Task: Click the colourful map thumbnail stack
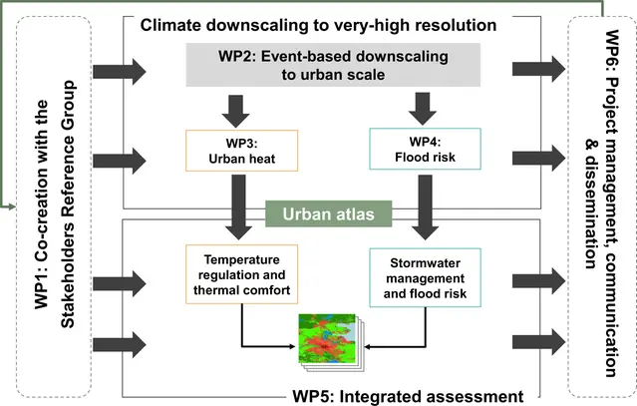pyautogui.click(x=329, y=337)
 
